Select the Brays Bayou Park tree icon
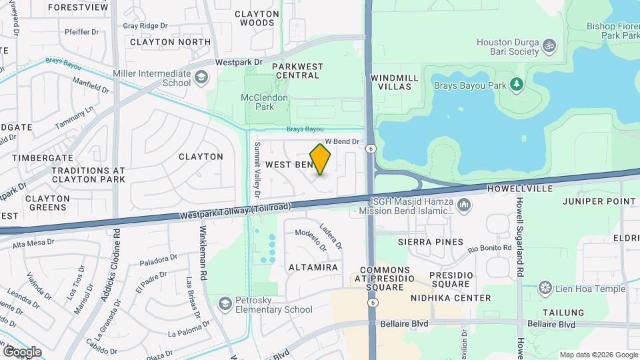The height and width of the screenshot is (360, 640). (x=515, y=85)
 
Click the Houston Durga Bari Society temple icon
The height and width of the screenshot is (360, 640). (x=550, y=46)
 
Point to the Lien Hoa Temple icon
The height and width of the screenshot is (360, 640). (x=545, y=288)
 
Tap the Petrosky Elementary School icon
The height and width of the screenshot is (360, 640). (x=225, y=304)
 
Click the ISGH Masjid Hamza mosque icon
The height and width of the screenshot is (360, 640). (x=464, y=206)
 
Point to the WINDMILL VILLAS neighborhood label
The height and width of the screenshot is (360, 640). (x=395, y=82)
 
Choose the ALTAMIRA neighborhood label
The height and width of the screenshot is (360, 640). (x=313, y=267)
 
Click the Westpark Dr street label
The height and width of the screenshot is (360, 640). (x=240, y=62)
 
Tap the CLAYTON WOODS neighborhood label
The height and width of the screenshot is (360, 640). (x=257, y=18)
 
